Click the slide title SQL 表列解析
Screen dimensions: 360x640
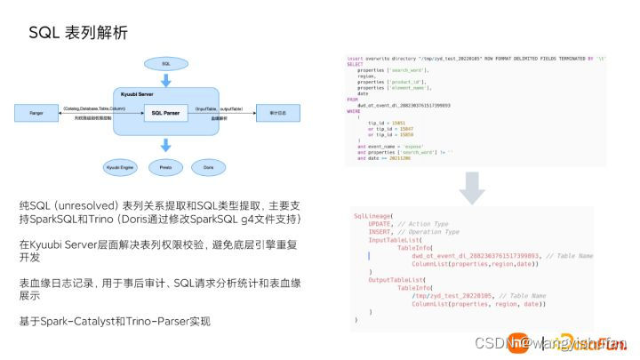click(x=78, y=33)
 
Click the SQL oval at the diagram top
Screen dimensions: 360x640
click(x=166, y=64)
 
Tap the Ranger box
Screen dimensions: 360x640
click(x=36, y=113)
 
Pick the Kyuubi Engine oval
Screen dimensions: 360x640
click(x=119, y=166)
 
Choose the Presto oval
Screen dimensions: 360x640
click(x=166, y=166)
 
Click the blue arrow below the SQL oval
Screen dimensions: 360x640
click(x=166, y=79)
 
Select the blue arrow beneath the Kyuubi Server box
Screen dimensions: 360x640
click(x=166, y=145)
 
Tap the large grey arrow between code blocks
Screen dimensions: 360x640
click(x=475, y=184)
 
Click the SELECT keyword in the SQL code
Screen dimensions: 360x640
click(x=355, y=63)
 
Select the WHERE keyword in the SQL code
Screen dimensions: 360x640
click(x=354, y=111)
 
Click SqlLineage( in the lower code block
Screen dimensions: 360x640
click(x=373, y=216)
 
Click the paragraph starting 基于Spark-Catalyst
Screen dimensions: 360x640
click(x=116, y=320)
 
